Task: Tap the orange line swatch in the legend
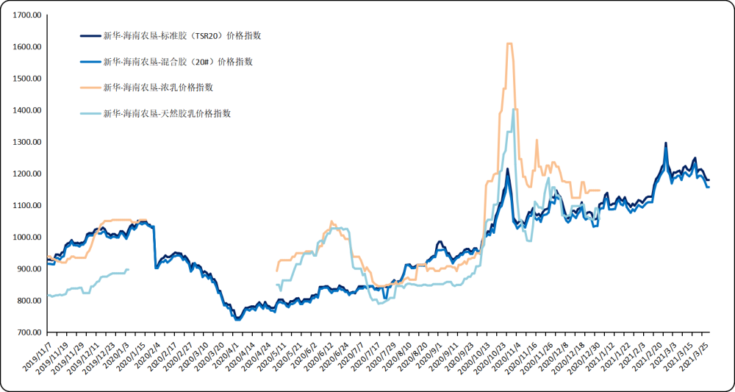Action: [90, 88]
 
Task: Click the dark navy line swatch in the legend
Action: [90, 35]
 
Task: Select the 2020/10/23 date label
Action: [492, 360]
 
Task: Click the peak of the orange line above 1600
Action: [509, 44]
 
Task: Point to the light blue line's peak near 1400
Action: [513, 110]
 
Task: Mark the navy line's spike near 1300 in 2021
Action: [666, 143]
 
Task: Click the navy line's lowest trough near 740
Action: [237, 319]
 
